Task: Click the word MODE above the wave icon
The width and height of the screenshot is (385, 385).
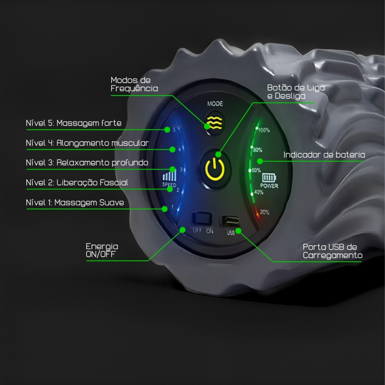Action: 215,104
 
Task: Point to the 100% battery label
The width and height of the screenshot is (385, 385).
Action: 264,130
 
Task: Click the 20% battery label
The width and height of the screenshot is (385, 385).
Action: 264,212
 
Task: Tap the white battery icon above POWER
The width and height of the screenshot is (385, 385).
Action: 269,178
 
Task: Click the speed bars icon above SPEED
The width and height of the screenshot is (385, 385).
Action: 169,175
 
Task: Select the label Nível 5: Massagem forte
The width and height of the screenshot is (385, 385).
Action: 73,123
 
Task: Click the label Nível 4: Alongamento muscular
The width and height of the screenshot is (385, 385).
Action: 87,143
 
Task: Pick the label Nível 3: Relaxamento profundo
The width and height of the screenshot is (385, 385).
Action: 87,163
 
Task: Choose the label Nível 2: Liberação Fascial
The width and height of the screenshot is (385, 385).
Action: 77,182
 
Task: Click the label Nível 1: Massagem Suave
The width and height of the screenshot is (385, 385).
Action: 75,203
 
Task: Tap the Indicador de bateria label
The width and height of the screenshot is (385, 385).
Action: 324,155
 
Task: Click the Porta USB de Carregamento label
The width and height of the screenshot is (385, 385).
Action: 332,251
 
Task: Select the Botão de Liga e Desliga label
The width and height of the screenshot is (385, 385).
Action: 296,92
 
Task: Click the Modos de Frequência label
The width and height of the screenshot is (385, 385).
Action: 134,84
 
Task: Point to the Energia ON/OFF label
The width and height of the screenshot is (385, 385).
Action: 102,250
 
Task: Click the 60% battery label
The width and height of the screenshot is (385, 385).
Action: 256,170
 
